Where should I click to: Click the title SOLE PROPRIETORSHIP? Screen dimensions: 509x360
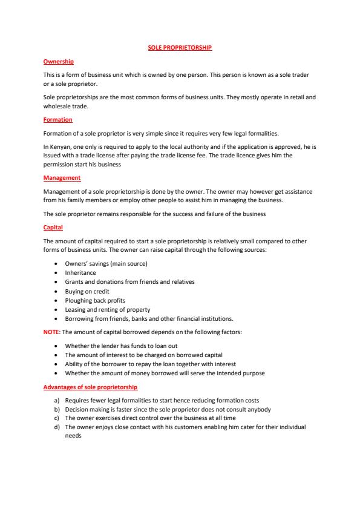(180, 47)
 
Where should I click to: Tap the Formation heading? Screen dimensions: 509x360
(57, 120)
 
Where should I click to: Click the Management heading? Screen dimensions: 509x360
(62, 178)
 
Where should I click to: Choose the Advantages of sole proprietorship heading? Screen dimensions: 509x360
(90, 387)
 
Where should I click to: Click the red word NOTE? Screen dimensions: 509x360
(51, 332)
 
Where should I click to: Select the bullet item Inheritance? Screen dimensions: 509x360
(80, 272)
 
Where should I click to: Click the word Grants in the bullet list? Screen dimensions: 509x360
(74, 281)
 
